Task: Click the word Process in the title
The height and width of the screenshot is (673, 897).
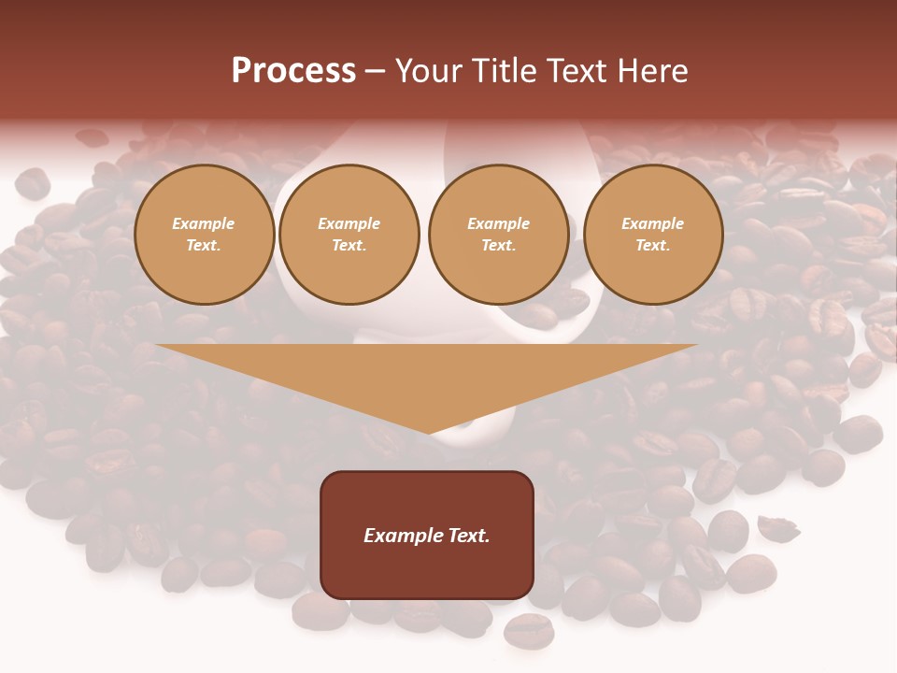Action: tap(293, 71)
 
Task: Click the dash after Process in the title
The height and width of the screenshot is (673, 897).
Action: tap(376, 73)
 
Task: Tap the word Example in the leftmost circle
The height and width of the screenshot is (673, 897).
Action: tap(204, 223)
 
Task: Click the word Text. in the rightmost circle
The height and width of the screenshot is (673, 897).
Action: tap(653, 246)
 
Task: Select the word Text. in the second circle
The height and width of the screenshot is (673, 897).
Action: tap(349, 246)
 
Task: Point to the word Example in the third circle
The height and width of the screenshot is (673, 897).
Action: tap(498, 223)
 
